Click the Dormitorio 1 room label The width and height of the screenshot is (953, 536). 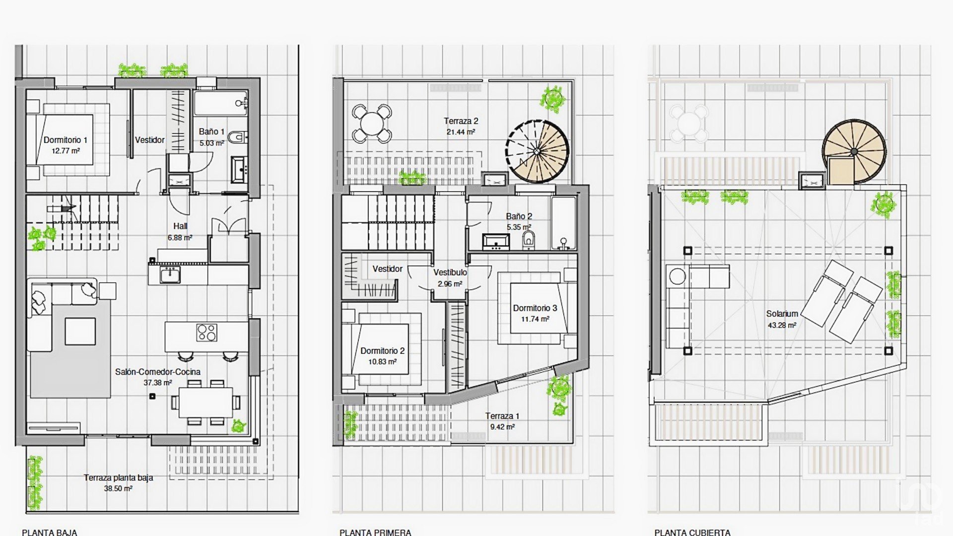click(66, 140)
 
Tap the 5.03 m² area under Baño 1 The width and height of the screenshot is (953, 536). click(212, 143)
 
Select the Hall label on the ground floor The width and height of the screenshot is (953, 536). click(180, 226)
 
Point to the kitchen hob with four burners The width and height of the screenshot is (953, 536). click(206, 333)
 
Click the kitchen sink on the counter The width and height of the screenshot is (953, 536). click(170, 274)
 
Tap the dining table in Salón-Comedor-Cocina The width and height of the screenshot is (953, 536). click(206, 402)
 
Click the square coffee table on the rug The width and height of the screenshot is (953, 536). click(80, 331)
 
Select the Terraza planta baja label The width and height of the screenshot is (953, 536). click(118, 477)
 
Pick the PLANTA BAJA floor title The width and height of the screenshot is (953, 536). click(50, 533)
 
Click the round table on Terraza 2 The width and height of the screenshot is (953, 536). click(372, 123)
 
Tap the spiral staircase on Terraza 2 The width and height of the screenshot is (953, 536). click(538, 150)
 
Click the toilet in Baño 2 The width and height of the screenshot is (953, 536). click(529, 240)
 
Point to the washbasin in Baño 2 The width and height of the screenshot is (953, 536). click(496, 242)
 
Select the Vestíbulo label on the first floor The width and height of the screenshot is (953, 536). click(450, 272)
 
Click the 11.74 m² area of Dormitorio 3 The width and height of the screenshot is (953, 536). click(535, 319)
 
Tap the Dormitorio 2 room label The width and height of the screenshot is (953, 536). click(382, 351)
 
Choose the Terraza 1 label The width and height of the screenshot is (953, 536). click(502, 416)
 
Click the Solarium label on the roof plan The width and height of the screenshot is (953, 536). click(782, 314)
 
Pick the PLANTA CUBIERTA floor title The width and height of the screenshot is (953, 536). click(692, 533)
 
